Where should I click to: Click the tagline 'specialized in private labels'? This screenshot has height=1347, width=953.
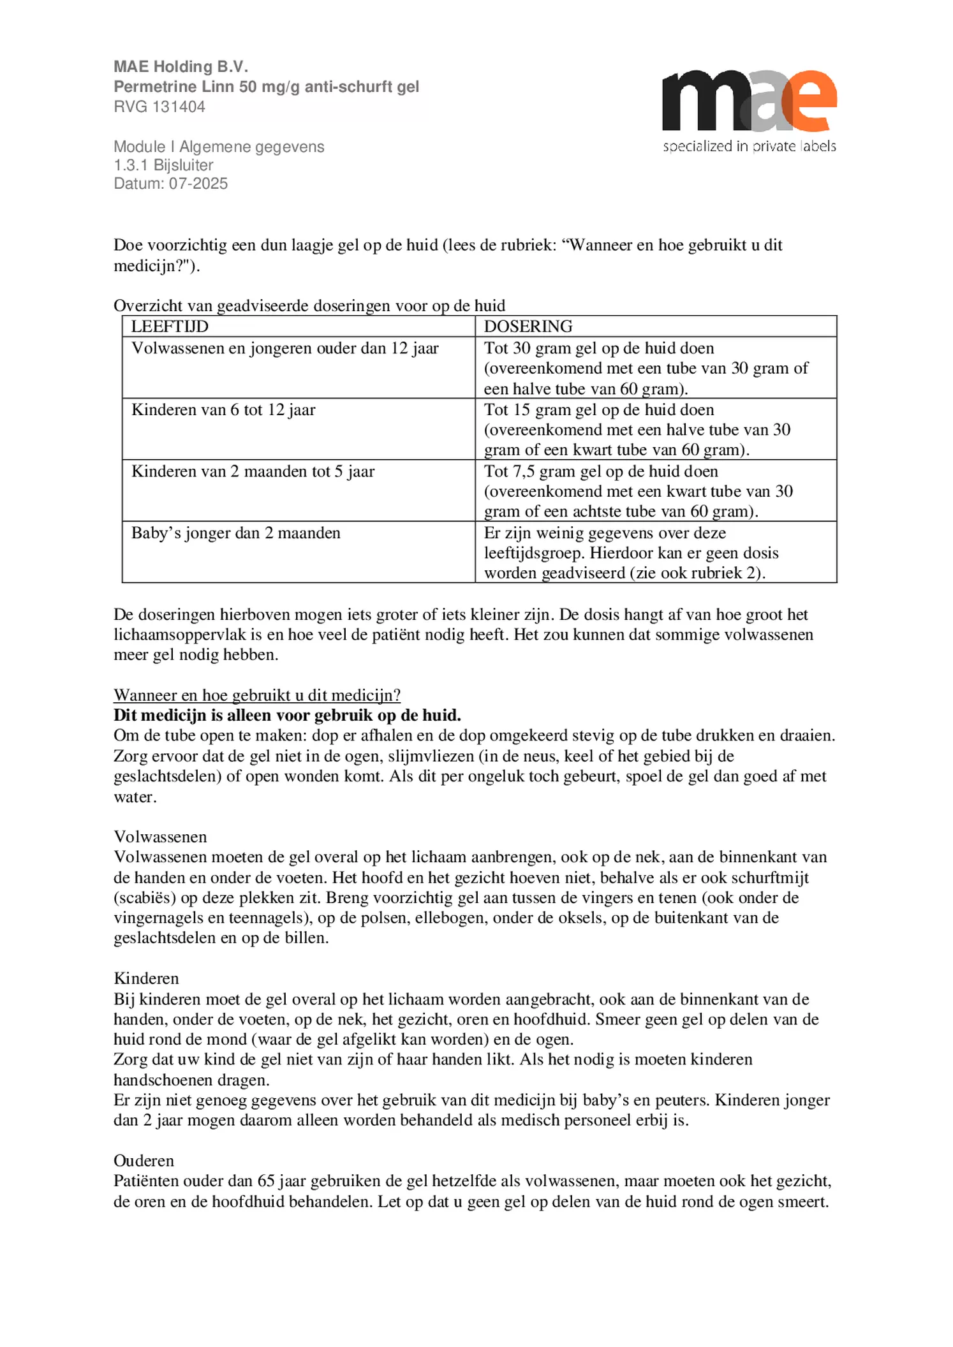(x=749, y=146)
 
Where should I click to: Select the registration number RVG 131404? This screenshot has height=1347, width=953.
(x=159, y=107)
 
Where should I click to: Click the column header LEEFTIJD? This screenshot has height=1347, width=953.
(x=170, y=327)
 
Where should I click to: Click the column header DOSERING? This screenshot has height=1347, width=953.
(x=528, y=327)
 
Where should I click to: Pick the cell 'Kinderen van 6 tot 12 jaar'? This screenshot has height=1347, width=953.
(x=223, y=410)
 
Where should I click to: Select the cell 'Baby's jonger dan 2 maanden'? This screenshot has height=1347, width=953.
(x=235, y=533)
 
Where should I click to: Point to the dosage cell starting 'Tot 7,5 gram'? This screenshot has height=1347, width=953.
(x=638, y=491)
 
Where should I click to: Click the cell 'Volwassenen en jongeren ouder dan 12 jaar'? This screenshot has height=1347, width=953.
(x=284, y=349)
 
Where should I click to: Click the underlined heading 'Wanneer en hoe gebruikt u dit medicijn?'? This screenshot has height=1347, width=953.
(x=257, y=695)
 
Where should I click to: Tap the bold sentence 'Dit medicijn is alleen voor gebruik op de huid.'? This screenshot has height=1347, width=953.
(x=287, y=715)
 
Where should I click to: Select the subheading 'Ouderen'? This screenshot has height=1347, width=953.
(x=144, y=1160)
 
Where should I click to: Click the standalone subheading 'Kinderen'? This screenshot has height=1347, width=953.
(x=146, y=978)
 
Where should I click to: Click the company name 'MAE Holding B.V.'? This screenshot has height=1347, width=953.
(x=181, y=66)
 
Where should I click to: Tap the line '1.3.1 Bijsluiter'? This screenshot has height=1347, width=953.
(x=163, y=165)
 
